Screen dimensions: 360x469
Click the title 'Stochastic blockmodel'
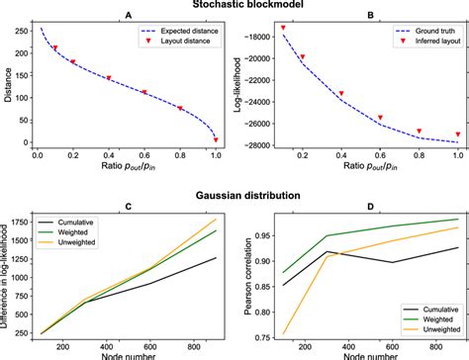[235, 7]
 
